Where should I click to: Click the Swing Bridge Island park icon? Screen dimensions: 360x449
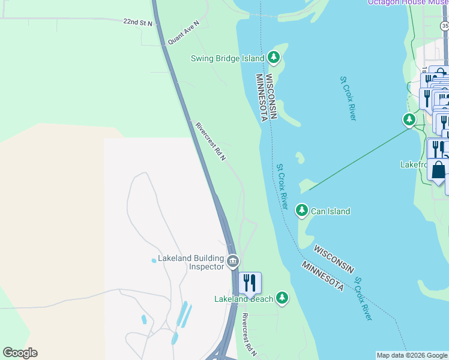(x=274, y=58)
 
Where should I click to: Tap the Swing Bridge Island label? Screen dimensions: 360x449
(x=228, y=58)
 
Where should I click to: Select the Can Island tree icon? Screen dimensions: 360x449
(x=301, y=211)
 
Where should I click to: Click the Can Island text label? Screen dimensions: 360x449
(x=330, y=211)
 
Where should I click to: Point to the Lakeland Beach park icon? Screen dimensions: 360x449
(x=282, y=298)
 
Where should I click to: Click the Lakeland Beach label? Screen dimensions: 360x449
(x=244, y=299)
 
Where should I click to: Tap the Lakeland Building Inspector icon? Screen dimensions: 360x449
(x=233, y=262)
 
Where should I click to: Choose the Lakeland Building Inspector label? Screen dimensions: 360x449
(x=191, y=262)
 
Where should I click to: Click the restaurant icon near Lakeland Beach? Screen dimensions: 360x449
(x=250, y=283)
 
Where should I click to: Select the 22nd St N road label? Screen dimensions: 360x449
(x=138, y=22)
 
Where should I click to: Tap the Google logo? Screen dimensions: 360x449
(x=20, y=353)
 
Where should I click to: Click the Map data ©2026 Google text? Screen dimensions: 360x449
(x=412, y=355)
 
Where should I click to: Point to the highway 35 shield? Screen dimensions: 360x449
(x=444, y=26)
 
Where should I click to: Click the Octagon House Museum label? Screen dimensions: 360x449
(x=408, y=2)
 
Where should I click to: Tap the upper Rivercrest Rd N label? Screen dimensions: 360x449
(x=211, y=142)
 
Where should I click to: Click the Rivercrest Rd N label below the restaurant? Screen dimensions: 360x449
(x=249, y=335)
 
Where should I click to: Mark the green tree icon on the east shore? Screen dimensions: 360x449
(x=409, y=120)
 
